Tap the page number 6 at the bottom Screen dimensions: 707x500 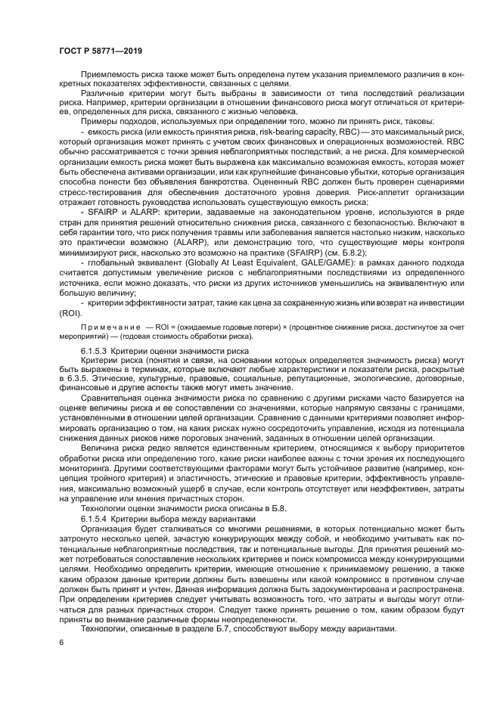(x=61, y=642)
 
